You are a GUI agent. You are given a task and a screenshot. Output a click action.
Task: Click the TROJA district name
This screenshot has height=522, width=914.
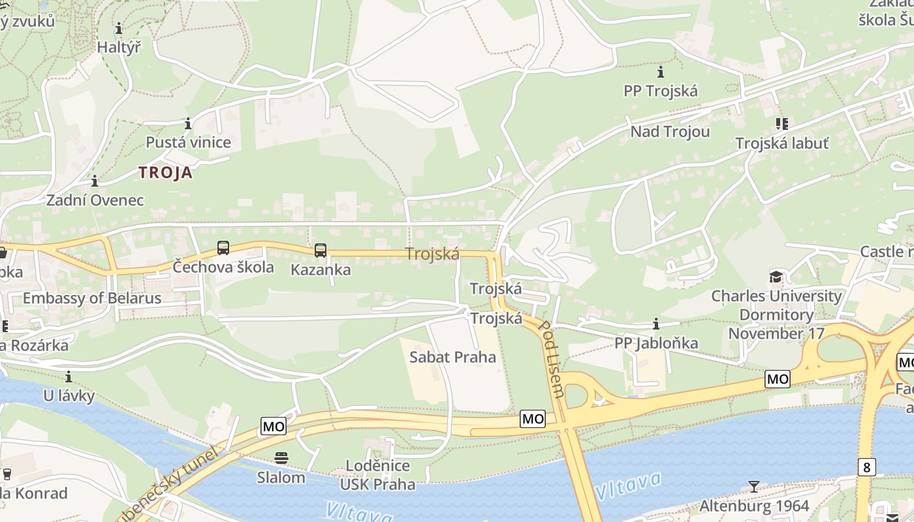(166, 173)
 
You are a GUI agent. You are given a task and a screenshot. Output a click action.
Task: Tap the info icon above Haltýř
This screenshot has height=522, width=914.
(119, 29)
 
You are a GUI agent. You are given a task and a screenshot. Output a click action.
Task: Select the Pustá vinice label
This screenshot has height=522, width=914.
(188, 142)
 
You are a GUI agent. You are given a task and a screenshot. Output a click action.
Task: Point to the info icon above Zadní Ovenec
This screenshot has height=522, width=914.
(95, 181)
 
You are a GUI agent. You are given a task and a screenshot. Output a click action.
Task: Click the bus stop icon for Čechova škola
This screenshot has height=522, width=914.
(223, 248)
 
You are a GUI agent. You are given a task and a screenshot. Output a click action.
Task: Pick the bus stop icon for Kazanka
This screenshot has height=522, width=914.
(320, 250)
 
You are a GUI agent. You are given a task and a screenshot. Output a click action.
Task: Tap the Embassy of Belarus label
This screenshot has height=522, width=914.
(92, 298)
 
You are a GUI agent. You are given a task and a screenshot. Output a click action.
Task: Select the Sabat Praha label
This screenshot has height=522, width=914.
(452, 357)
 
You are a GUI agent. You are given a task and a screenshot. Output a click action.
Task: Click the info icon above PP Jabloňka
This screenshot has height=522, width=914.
(656, 324)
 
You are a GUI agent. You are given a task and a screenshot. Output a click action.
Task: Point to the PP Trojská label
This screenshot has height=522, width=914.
(661, 91)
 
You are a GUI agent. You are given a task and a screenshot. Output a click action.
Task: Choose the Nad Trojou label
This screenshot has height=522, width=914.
(670, 132)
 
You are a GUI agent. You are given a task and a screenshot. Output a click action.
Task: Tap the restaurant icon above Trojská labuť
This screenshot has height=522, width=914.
(781, 124)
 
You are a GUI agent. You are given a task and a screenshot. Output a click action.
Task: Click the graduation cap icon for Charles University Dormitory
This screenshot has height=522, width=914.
(776, 277)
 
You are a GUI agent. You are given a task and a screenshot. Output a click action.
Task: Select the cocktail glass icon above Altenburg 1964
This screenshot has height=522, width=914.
(754, 487)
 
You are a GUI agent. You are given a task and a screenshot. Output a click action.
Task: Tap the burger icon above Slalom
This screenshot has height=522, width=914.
(281, 458)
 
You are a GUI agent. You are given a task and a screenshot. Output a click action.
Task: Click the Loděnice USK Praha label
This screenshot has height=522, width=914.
(377, 475)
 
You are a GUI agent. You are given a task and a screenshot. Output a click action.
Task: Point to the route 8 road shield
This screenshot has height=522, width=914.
(866, 467)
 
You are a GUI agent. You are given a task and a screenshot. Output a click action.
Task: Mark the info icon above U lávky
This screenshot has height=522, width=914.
(69, 377)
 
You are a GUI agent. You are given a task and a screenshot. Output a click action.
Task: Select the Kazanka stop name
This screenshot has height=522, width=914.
(321, 269)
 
